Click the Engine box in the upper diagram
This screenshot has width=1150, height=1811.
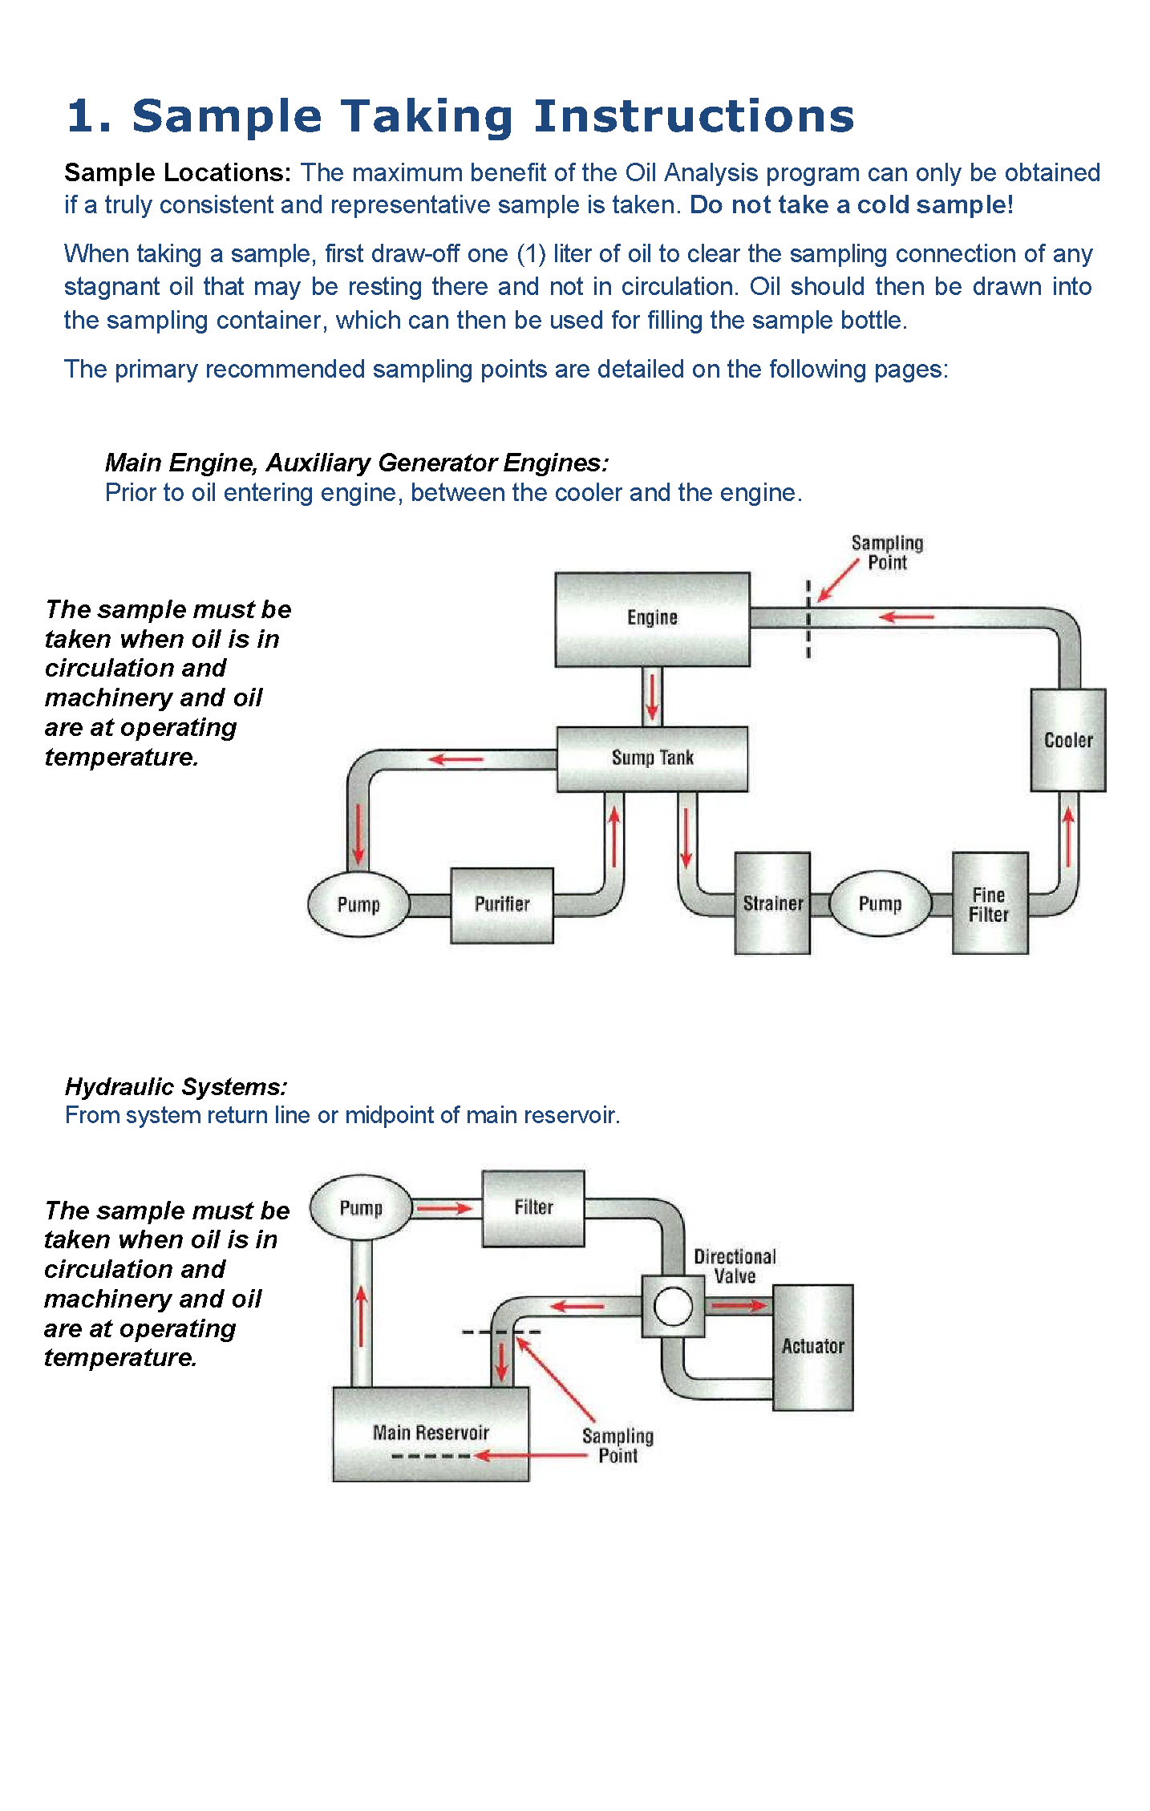[652, 619]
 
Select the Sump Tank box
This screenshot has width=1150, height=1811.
[652, 758]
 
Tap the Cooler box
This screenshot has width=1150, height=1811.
[1067, 740]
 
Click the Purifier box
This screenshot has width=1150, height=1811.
[502, 905]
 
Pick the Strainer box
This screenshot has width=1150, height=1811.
[772, 903]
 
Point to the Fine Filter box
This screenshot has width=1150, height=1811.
[990, 903]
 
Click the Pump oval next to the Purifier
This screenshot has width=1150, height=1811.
[358, 904]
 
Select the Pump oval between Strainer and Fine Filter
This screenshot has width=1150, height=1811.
[881, 903]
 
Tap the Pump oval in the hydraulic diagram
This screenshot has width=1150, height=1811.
[361, 1207]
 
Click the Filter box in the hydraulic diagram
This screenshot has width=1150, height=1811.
[533, 1208]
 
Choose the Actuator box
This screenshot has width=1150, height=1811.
[812, 1348]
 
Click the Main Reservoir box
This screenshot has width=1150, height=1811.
[431, 1434]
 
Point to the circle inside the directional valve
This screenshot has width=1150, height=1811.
[673, 1306]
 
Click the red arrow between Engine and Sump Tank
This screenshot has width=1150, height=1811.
[652, 696]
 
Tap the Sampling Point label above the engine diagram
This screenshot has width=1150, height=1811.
[887, 552]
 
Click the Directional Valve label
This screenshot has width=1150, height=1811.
[735, 1266]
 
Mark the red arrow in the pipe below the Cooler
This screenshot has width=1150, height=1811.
[1067, 836]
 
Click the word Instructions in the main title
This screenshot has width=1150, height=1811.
[694, 116]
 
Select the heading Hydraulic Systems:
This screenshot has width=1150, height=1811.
[176, 1087]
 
